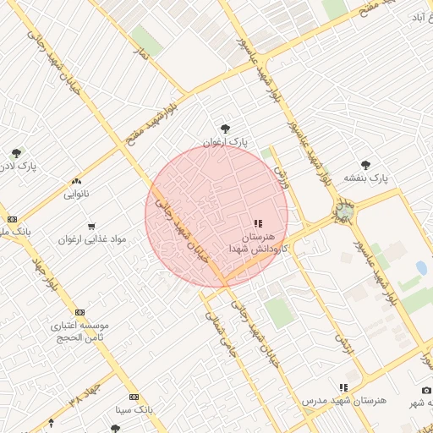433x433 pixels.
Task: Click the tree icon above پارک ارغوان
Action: [x=224, y=129]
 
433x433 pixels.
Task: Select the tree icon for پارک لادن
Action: [x=16, y=153]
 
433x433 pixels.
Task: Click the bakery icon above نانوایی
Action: [x=77, y=181]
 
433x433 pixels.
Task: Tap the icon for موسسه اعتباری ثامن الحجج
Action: [x=79, y=312]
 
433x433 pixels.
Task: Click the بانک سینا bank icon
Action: [x=134, y=396]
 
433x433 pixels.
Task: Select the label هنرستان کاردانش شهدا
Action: [x=259, y=243]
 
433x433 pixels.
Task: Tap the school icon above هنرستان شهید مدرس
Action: [x=343, y=386]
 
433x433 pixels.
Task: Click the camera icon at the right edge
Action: [x=427, y=390]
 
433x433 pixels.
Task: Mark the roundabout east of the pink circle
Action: [x=344, y=211]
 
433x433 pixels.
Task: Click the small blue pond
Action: [x=421, y=268]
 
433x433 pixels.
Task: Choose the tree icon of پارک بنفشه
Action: [x=365, y=165]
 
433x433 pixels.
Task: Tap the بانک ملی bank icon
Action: [x=11, y=218]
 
